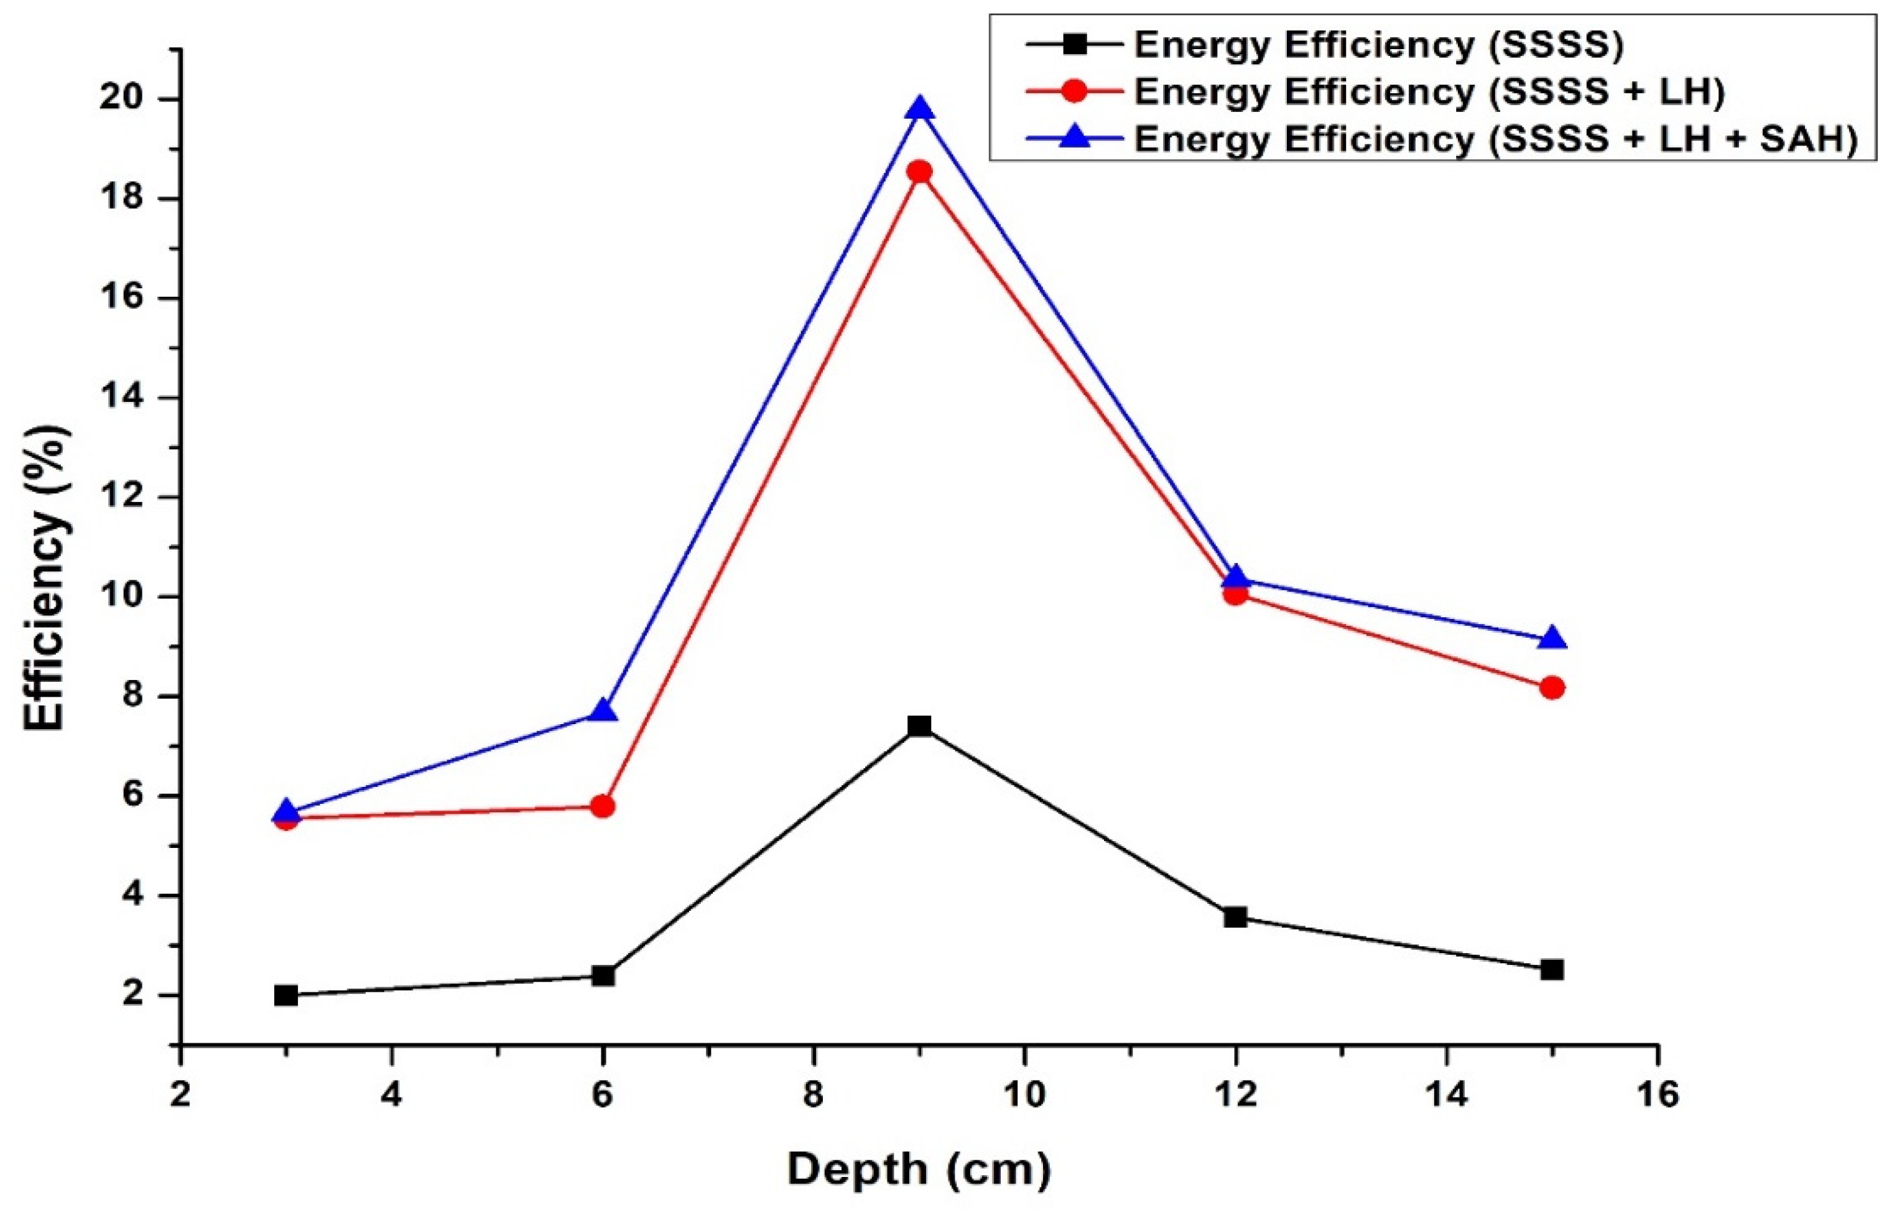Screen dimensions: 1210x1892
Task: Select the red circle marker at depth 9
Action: [919, 171]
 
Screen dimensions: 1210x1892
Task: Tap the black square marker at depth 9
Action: [919, 725]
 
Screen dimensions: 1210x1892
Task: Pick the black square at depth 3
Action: [286, 995]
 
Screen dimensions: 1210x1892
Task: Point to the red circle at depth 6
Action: [603, 806]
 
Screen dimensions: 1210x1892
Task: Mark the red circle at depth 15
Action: [1552, 687]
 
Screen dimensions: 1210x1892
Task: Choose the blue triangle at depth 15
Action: [1552, 639]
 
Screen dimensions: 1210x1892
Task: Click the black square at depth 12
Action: [1235, 917]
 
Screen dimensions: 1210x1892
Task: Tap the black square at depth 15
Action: [1552, 970]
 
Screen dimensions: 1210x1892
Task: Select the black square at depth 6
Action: [603, 976]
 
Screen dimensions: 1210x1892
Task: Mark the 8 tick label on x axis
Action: [814, 1094]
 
